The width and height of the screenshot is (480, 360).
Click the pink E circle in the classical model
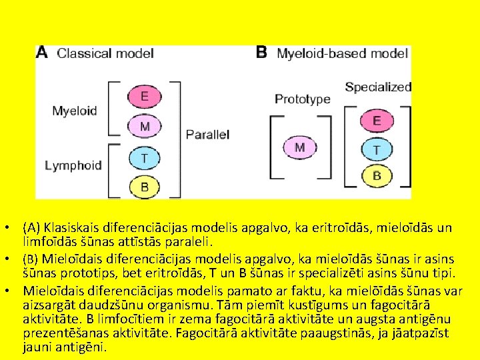click(145, 97)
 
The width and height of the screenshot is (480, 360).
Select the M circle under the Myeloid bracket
click(145, 126)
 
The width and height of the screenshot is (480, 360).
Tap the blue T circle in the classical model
click(145, 159)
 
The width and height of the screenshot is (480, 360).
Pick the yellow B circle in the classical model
click(145, 187)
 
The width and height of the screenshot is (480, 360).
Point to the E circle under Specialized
click(377, 121)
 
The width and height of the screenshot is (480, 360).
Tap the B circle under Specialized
click(377, 175)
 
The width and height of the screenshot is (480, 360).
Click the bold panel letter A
click(41, 52)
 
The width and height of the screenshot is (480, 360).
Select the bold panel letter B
click(261, 52)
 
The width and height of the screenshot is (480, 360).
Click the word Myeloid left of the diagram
click(75, 111)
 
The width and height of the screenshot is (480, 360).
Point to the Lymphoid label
click(73, 165)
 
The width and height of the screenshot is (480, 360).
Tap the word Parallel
click(207, 135)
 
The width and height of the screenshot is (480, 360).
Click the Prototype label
click(303, 99)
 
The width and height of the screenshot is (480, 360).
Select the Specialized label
click(378, 87)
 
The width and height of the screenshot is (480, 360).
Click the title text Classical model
click(105, 53)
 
